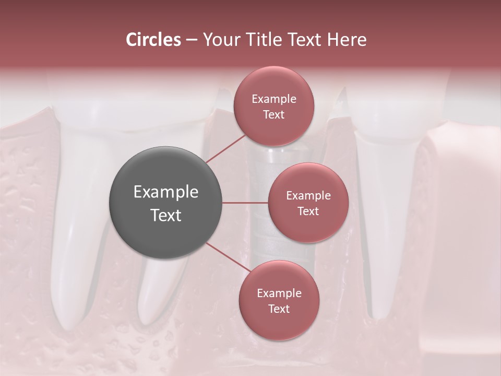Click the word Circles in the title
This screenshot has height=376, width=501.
click(153, 40)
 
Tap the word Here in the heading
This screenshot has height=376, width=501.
click(346, 40)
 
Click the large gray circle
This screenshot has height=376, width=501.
click(166, 202)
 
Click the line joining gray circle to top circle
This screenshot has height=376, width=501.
click(225, 147)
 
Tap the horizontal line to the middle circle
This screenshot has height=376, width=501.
click(245, 203)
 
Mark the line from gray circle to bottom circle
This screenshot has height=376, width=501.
click(228, 258)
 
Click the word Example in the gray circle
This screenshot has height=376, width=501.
click(166, 192)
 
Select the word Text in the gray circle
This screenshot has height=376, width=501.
click(166, 215)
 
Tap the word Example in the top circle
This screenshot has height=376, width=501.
click(274, 99)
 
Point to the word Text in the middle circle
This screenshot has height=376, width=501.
click(308, 211)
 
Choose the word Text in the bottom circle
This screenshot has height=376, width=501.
click(279, 309)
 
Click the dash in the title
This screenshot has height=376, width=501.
click(191, 40)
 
